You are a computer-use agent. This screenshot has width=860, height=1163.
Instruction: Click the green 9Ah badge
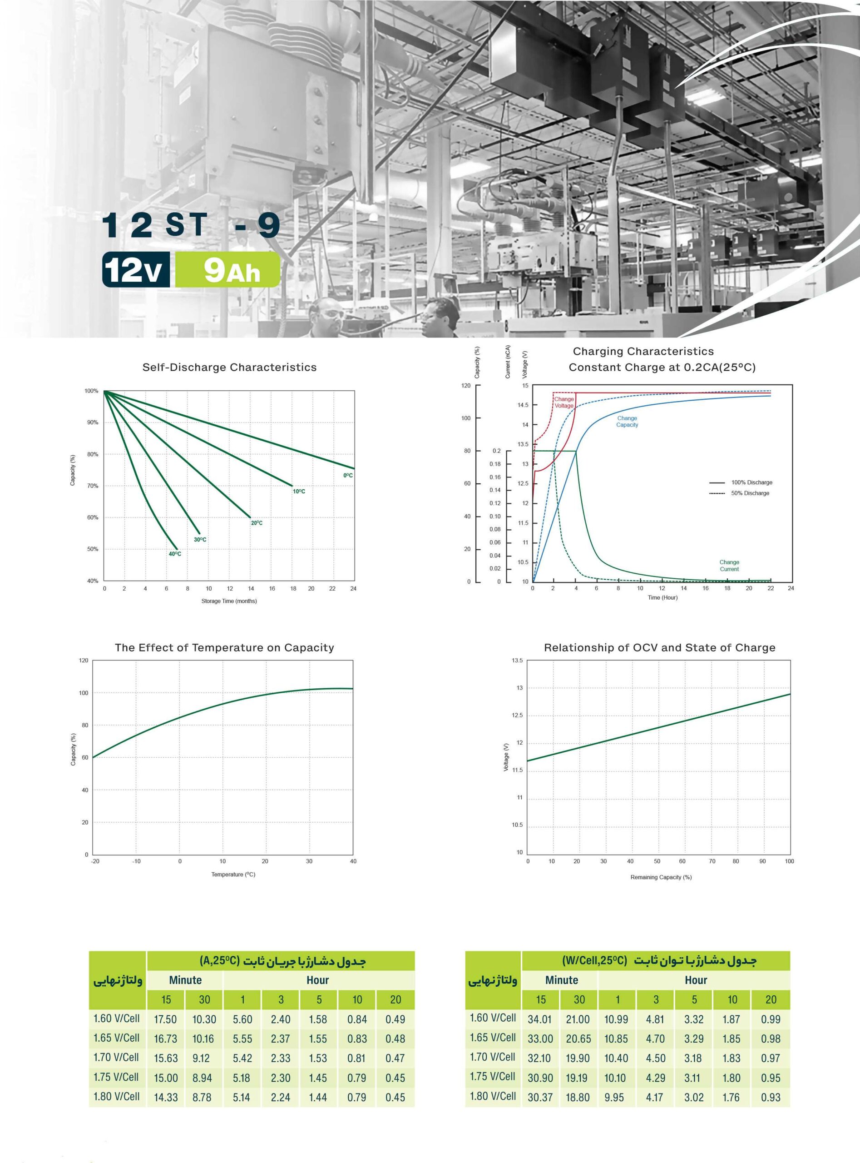pyautogui.click(x=227, y=270)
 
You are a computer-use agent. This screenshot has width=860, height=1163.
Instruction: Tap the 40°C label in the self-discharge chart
pyautogui.click(x=175, y=554)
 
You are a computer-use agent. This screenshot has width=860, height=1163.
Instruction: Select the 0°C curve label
pyautogui.click(x=348, y=476)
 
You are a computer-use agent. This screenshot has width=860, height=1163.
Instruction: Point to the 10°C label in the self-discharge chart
pyautogui.click(x=299, y=492)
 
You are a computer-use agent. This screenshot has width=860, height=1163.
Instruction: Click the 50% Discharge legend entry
pyautogui.click(x=739, y=493)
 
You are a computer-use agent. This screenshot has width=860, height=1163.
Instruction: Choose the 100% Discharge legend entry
pyautogui.click(x=741, y=482)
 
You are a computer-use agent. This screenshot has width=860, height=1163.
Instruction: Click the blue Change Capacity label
pyautogui.click(x=628, y=421)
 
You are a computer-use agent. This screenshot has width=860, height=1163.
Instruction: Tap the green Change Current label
pyautogui.click(x=729, y=566)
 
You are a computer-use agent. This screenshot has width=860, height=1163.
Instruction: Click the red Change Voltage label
pyautogui.click(x=564, y=403)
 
